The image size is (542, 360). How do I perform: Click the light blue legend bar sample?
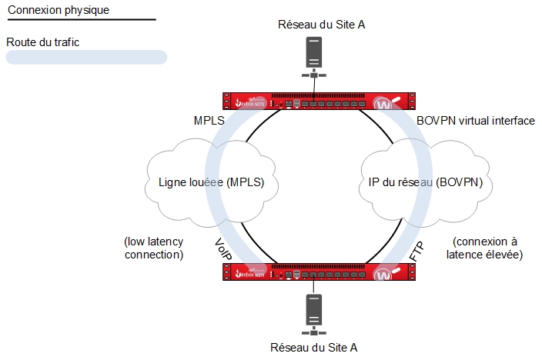click(86, 57)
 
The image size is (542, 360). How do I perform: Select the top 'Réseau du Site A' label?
click(322, 25)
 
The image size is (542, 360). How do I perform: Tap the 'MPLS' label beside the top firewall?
click(210, 122)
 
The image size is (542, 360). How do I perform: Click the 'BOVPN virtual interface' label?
click(475, 122)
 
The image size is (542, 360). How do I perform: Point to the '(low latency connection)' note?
click(153, 248)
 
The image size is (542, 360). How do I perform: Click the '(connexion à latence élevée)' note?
click(487, 248)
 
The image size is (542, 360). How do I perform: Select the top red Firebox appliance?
click(316, 101)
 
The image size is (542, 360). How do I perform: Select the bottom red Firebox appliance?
click(316, 272)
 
